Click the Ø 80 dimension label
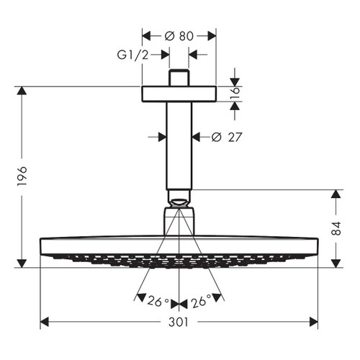click(179, 34)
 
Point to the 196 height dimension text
click(22, 177)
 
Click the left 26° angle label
click(158, 302)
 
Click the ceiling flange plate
click(179, 94)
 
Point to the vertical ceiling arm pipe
click(179, 144)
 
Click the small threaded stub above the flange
click(179, 78)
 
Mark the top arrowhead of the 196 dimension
click(22, 91)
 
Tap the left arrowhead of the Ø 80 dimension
click(147, 34)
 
